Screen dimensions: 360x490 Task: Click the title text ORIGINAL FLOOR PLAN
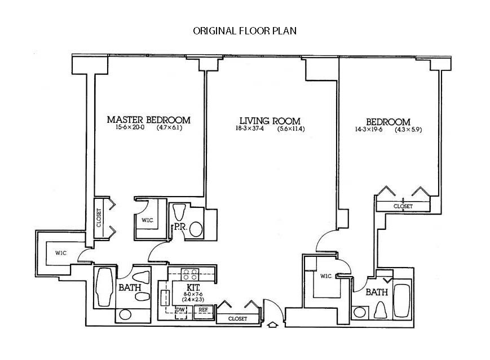coord(245,31)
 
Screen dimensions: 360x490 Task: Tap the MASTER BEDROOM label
coord(148,120)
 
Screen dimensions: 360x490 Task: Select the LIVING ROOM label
coord(270,121)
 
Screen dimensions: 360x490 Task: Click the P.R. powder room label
coord(180,226)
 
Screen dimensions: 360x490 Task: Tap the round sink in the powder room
coord(196,229)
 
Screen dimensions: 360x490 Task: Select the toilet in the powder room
coord(180,212)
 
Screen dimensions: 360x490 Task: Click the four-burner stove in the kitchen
coord(189,275)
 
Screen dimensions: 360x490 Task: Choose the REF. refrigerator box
coord(204,309)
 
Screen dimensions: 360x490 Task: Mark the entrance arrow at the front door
coord(273,325)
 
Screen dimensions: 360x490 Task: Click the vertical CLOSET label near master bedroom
coord(99,215)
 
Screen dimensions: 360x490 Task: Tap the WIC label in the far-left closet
coord(61,253)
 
